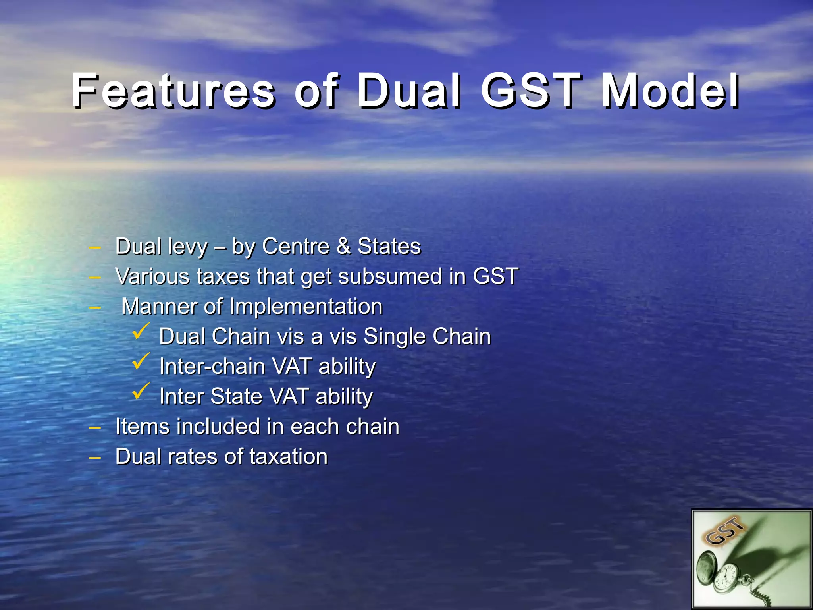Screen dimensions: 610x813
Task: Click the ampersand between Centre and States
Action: pyautogui.click(x=344, y=246)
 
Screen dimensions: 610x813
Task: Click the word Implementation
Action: pyautogui.click(x=306, y=306)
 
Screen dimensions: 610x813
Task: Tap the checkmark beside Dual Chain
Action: pyautogui.click(x=141, y=331)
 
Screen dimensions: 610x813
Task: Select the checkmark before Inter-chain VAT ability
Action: pyautogui.click(x=141, y=361)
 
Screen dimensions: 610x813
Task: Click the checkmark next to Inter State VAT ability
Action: pyautogui.click(x=141, y=391)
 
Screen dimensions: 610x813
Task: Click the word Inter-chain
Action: pyautogui.click(x=212, y=366)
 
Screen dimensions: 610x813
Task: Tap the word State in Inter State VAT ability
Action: pyautogui.click(x=236, y=396)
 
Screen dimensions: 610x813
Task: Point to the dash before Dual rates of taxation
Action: pyautogui.click(x=94, y=458)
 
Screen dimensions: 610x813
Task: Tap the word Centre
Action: pyautogui.click(x=296, y=246)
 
